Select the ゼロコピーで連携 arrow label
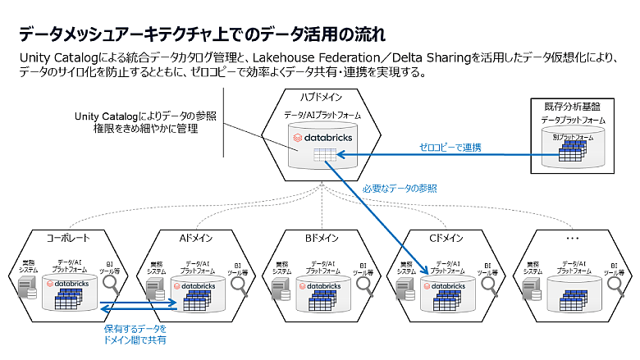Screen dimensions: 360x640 click(452, 148)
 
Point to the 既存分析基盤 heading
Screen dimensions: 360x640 click(572, 107)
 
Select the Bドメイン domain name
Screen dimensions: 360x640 click(319, 239)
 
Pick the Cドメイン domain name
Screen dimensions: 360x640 click(446, 239)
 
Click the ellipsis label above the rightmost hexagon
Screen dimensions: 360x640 click(572, 239)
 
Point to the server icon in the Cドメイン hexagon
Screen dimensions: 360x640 click(404, 289)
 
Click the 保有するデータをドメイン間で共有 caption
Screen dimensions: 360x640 click(135, 334)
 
